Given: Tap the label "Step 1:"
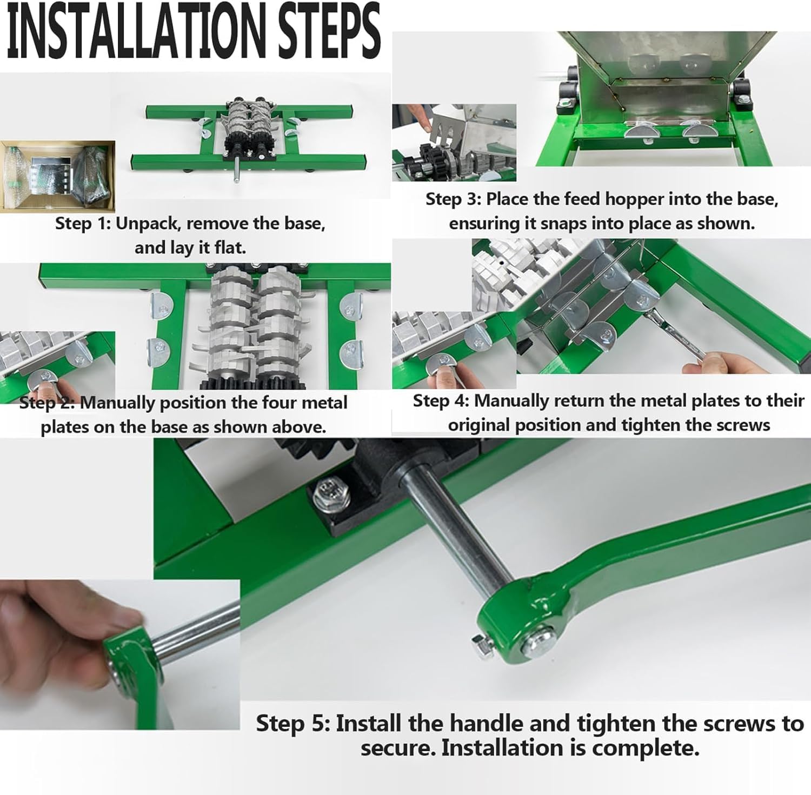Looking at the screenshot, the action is pyautogui.click(x=83, y=223).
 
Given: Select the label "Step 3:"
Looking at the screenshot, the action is pyautogui.click(x=453, y=199).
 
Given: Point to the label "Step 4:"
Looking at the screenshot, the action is pyautogui.click(x=441, y=401).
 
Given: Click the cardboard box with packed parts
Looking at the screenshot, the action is pyautogui.click(x=58, y=177).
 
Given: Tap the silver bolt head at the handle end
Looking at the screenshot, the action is pyautogui.click(x=539, y=642).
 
